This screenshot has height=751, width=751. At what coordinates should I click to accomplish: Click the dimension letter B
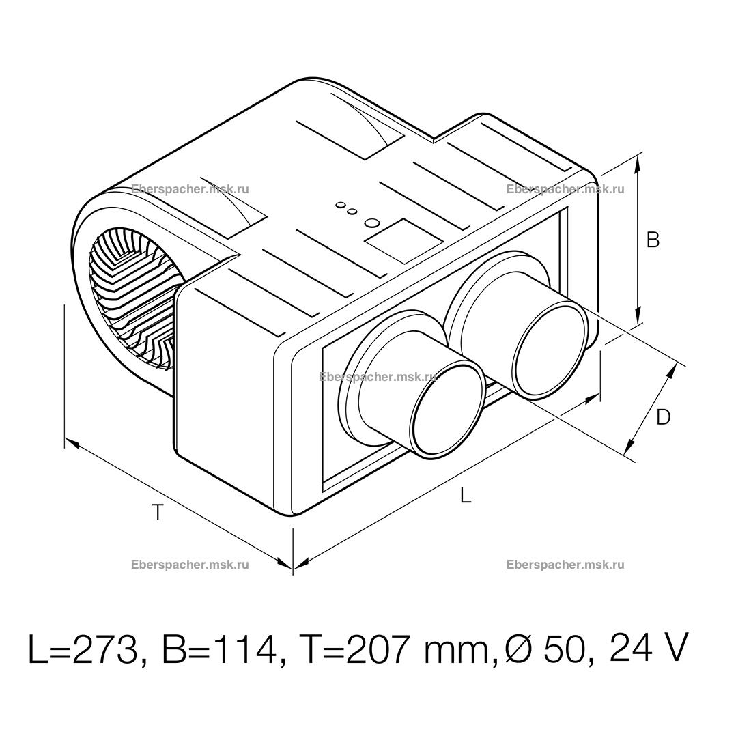(x=653, y=240)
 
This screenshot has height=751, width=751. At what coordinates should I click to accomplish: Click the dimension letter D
(x=664, y=418)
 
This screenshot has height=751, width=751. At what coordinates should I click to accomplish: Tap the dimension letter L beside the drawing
(x=465, y=495)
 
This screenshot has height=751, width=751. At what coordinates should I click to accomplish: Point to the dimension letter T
(x=158, y=513)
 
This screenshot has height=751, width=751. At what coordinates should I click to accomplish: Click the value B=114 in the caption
(x=219, y=649)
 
